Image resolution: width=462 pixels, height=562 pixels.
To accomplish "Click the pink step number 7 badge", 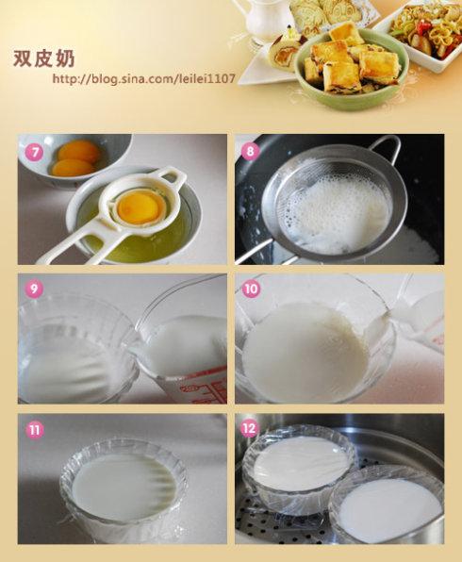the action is click(x=34, y=153).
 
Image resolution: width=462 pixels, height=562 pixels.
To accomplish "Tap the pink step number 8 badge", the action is click(x=250, y=151).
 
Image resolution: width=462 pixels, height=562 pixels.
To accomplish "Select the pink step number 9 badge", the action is click(x=34, y=288).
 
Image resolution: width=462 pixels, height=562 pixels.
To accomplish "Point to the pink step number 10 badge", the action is click(x=251, y=289).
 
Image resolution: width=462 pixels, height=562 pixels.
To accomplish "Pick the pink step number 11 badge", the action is click(x=34, y=429).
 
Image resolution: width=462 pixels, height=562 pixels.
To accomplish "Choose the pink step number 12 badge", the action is click(x=250, y=429).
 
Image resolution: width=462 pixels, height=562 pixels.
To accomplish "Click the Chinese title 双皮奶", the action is click(x=43, y=58).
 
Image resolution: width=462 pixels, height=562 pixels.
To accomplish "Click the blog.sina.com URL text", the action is click(x=143, y=78).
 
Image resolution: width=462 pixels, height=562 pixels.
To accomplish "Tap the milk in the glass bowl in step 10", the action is click(x=305, y=350).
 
